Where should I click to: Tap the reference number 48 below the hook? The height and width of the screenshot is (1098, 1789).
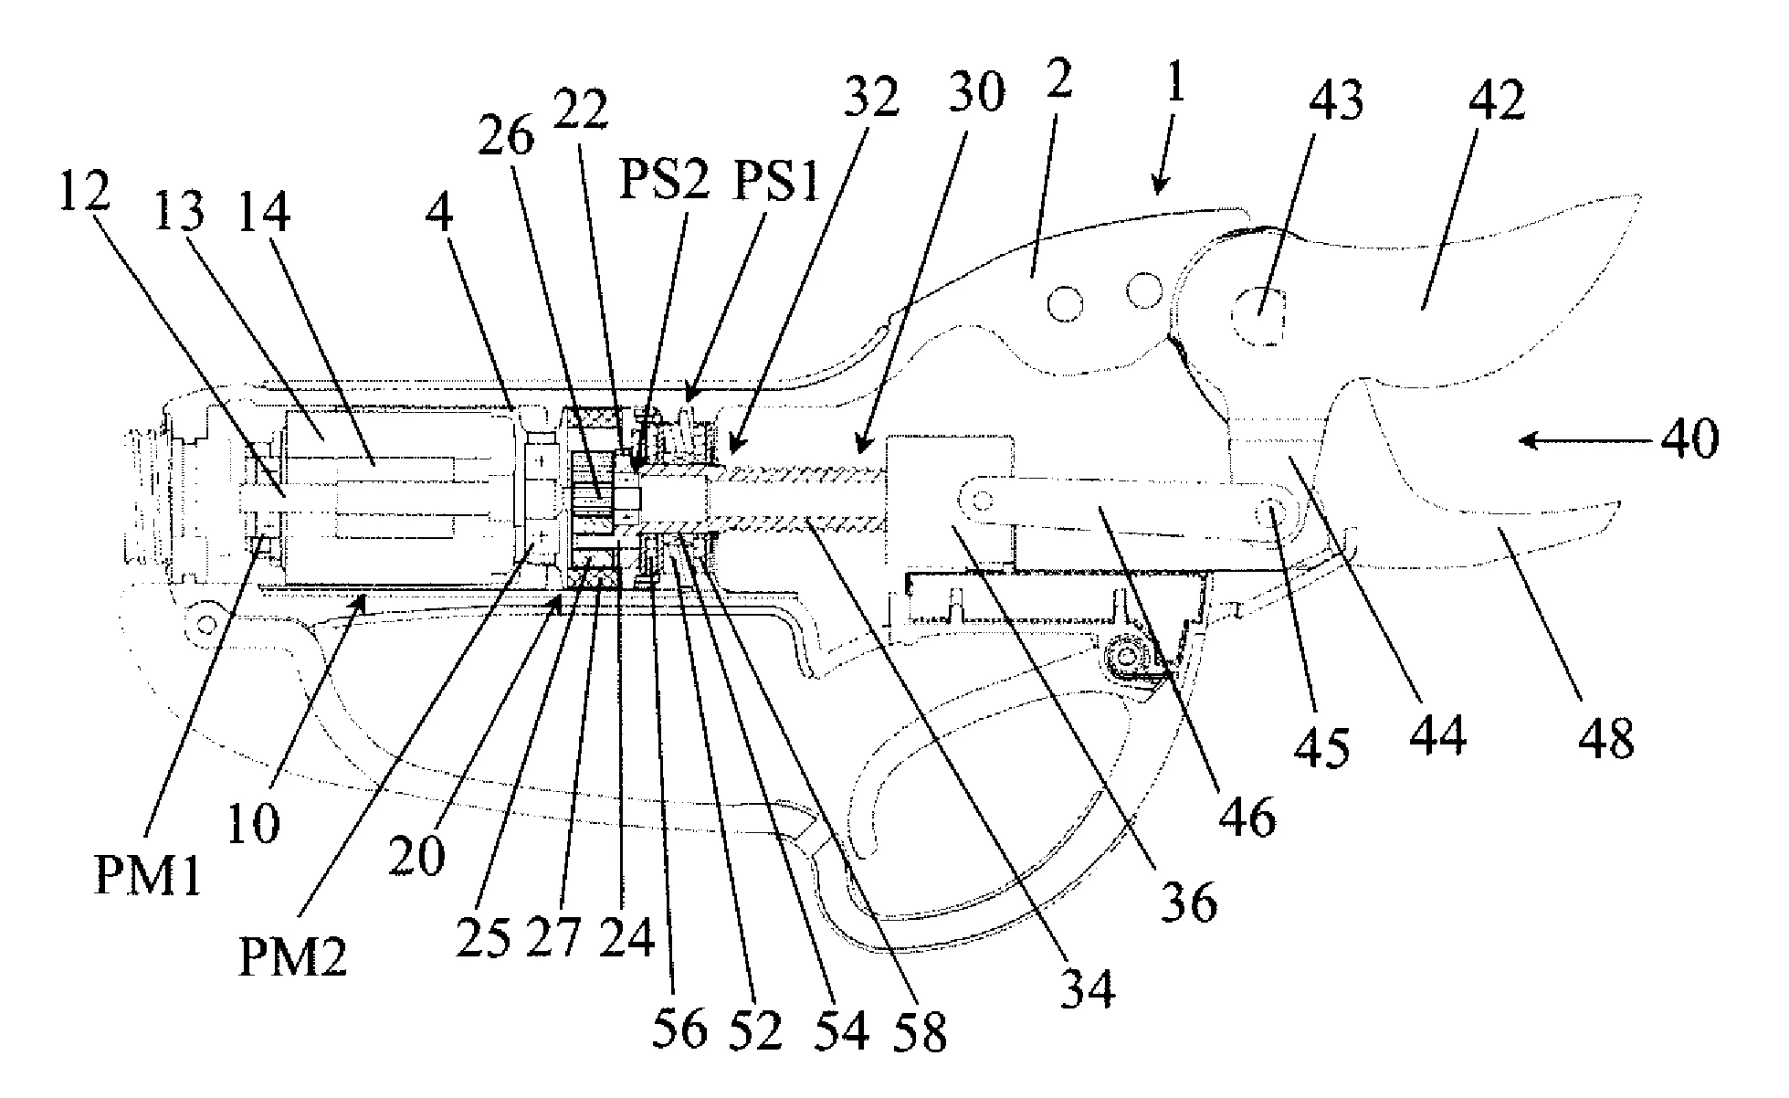tap(1607, 738)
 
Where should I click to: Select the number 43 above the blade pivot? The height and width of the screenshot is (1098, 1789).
tap(1336, 100)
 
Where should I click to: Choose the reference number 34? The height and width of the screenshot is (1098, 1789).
tap(1089, 987)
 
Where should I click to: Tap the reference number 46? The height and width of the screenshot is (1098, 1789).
tap(1248, 816)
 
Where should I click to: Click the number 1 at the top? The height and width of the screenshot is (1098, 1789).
tap(1175, 87)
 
